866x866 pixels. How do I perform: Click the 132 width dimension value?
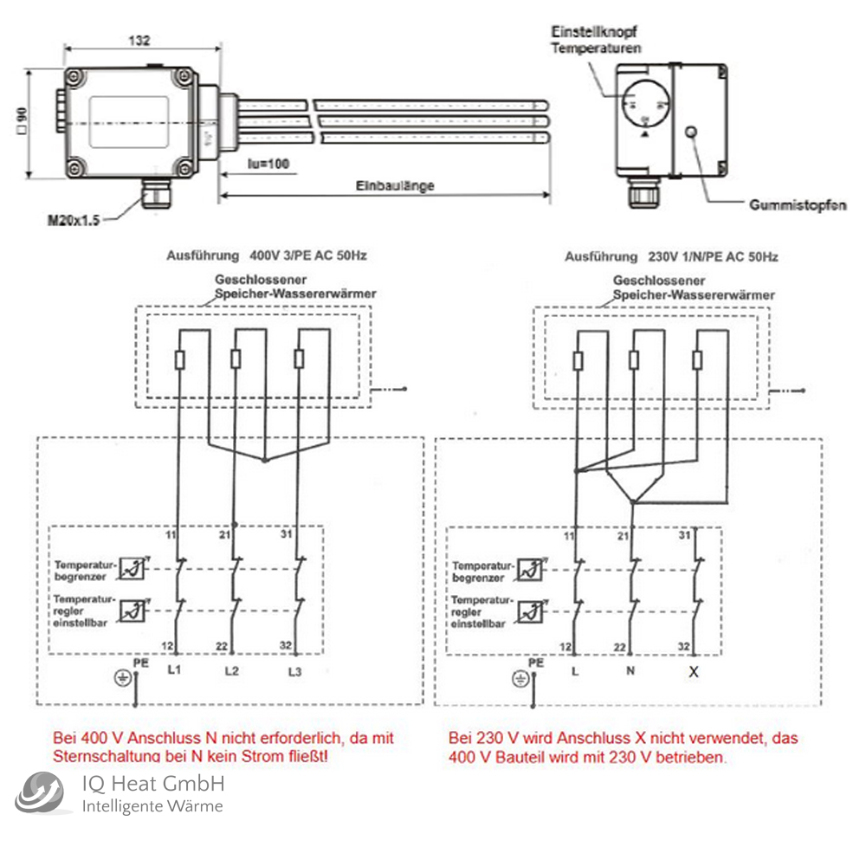pos(139,40)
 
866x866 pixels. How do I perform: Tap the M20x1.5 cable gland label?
pos(74,221)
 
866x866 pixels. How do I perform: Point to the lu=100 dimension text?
pos(268,164)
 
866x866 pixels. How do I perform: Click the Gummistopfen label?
pos(798,205)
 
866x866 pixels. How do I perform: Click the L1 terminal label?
pos(174,671)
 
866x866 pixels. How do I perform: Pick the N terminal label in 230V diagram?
pos(631,671)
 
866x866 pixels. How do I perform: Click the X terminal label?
pos(693,671)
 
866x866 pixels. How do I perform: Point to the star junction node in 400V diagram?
pos(265,462)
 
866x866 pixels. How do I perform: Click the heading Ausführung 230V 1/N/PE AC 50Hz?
pos(671,257)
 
